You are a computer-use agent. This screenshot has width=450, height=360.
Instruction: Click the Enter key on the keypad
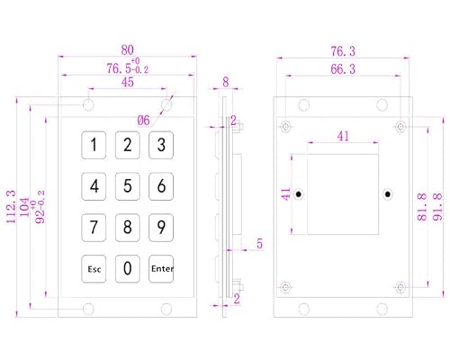point(161,269)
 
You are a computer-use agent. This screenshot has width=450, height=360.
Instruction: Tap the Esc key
point(94,269)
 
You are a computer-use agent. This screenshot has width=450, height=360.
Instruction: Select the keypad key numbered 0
point(128,269)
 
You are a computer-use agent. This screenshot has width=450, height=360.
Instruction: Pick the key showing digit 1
point(94,145)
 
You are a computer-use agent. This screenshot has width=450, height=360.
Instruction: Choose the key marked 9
point(161,228)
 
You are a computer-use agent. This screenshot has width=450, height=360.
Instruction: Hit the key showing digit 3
point(161,145)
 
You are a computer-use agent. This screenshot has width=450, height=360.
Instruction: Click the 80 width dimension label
point(127,50)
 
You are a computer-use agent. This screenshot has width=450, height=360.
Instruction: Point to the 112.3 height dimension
point(11,207)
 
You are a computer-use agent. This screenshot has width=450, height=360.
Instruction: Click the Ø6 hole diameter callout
point(143,121)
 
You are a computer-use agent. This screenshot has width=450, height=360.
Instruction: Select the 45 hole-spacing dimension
point(128,82)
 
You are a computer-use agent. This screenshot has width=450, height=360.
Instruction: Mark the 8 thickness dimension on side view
point(226,82)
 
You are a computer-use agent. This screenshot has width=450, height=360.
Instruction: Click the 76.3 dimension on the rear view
point(343,51)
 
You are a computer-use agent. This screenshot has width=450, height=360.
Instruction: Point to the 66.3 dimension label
point(343,69)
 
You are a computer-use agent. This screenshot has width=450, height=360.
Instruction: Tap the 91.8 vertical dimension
point(437,207)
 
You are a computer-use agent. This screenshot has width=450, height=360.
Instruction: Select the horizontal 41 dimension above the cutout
point(343,136)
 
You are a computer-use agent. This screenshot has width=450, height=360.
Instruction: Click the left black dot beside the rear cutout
point(299,194)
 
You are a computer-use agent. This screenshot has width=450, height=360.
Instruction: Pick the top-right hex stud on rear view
point(400,127)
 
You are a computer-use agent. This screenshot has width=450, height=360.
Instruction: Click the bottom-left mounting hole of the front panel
point(88,309)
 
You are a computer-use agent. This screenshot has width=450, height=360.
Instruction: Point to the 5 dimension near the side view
point(259,244)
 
